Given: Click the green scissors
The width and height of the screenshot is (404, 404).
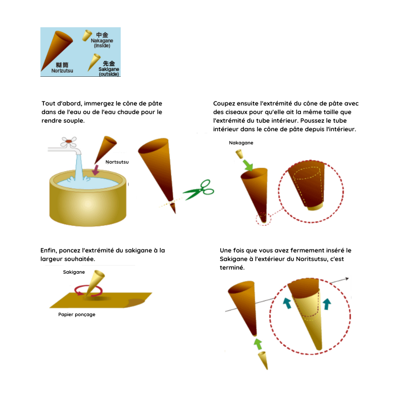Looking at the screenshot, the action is click(x=199, y=191).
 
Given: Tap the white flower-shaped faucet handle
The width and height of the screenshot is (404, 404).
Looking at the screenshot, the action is click(x=69, y=142).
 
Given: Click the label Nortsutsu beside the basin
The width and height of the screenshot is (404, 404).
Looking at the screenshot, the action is click(x=117, y=162).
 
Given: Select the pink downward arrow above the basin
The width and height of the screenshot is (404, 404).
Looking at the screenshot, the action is click(x=95, y=170).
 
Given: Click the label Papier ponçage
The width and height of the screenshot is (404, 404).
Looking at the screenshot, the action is click(x=77, y=315).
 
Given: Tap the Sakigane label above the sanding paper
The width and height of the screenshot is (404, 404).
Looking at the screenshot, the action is click(x=74, y=272).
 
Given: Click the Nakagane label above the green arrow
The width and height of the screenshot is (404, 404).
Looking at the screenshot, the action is click(x=241, y=143).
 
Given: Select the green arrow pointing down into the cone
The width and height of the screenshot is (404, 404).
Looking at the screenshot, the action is click(x=248, y=165).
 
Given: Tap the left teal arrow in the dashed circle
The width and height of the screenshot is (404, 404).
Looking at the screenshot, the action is click(x=287, y=303).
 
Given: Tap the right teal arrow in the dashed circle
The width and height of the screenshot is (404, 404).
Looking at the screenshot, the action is click(x=327, y=304).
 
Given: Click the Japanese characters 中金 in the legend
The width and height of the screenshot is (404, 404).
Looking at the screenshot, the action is click(x=102, y=35).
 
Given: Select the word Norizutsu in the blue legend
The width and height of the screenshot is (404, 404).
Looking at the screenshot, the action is click(x=62, y=71).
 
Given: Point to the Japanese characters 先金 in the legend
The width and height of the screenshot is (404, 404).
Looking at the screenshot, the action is click(x=109, y=64).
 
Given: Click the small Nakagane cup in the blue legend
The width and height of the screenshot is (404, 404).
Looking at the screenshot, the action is click(x=87, y=35).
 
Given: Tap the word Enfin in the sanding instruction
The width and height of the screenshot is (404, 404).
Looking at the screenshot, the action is click(x=48, y=250).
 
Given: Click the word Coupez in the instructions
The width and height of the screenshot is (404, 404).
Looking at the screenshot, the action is click(x=224, y=104).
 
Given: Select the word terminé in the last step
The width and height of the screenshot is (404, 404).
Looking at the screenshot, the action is click(x=232, y=268).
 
